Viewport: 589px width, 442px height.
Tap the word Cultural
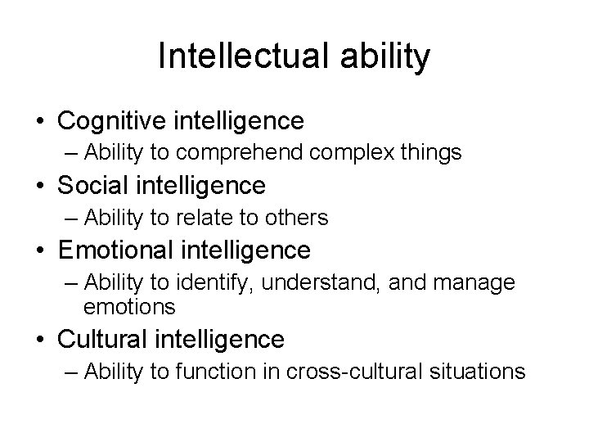pyautogui.click(x=102, y=338)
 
